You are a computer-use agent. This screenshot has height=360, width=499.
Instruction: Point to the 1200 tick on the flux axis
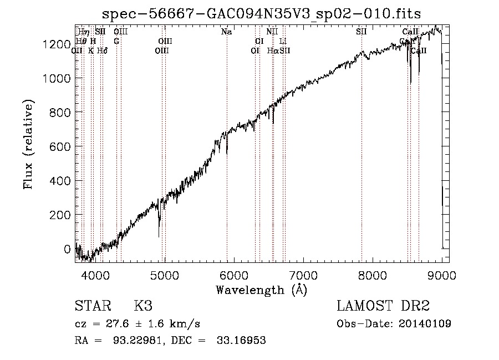[x=57, y=44]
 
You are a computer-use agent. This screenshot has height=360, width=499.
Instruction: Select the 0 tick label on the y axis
[x=68, y=249]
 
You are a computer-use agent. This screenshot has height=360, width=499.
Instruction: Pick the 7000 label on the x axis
[x=303, y=274]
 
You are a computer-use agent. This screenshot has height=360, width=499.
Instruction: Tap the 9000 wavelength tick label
[x=442, y=274]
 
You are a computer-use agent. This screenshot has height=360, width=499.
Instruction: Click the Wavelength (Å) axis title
[x=261, y=290]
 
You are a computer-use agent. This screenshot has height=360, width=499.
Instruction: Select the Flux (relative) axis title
[x=28, y=145]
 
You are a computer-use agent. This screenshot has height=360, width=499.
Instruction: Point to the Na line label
[x=226, y=32]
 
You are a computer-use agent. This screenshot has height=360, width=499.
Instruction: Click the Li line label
[x=283, y=41]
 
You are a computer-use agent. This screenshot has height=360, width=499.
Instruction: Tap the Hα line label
[x=272, y=50]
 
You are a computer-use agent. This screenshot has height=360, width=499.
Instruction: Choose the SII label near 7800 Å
[x=361, y=32]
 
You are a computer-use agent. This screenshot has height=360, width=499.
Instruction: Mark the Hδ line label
[x=102, y=50]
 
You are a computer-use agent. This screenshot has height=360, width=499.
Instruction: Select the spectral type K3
[x=143, y=306]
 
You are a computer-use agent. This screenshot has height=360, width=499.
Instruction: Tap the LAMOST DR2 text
[x=383, y=306]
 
